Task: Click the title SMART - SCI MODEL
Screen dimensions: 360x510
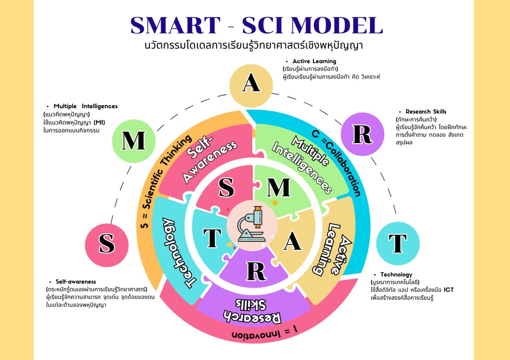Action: point(257,26)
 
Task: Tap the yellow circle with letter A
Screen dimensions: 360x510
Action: point(251,84)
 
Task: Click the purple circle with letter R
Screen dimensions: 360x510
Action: point(362,133)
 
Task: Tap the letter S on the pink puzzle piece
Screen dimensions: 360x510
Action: point(226,188)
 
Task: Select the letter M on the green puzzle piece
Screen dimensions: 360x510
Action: point(279,188)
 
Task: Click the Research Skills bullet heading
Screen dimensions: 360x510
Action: point(426,111)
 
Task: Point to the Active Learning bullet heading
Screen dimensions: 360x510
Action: point(314,61)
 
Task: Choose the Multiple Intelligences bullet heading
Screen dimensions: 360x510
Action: point(85,106)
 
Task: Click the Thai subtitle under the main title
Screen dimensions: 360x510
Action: point(254,45)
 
